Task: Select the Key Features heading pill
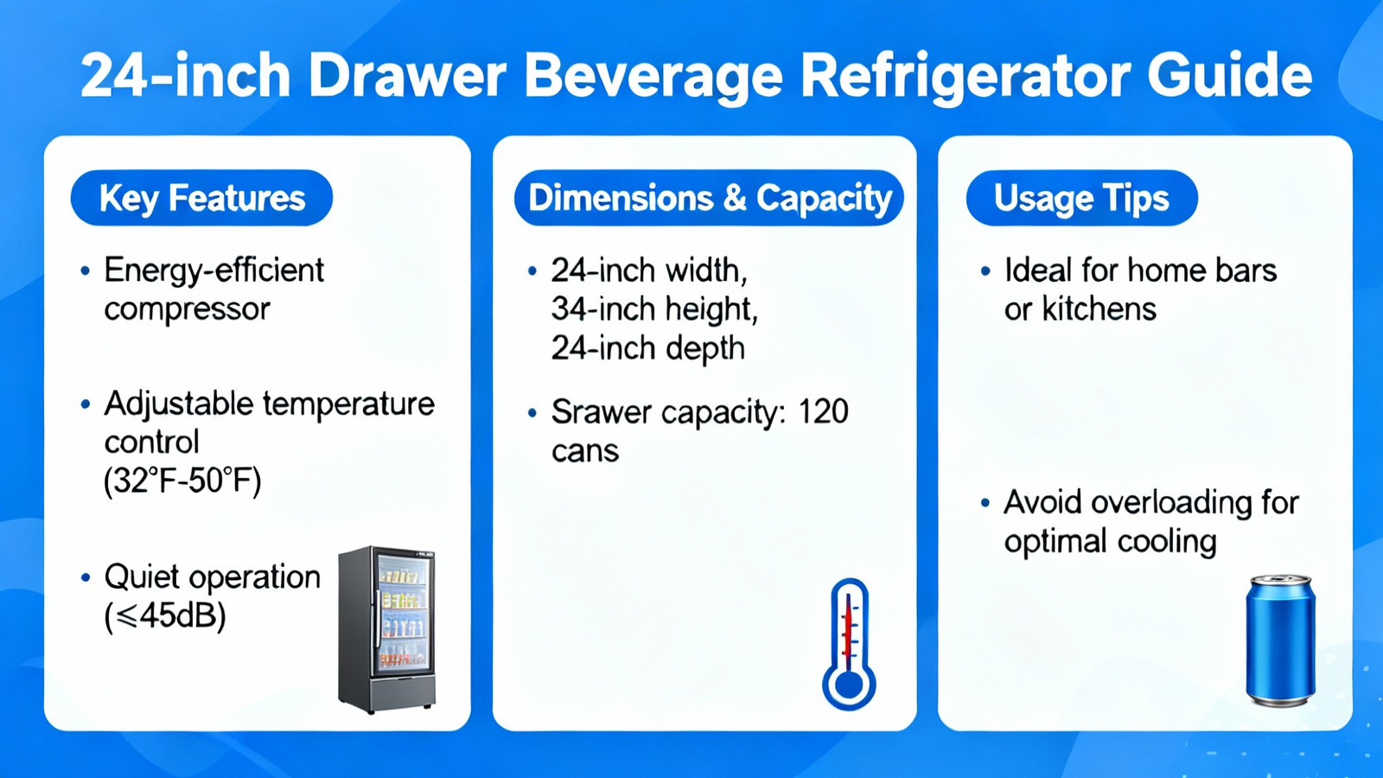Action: click(x=202, y=198)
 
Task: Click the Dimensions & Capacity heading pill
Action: click(x=709, y=198)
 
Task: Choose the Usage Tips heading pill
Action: click(x=1081, y=198)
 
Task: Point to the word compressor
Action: click(x=187, y=309)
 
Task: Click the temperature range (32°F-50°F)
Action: click(x=182, y=481)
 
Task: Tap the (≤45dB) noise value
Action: click(x=165, y=615)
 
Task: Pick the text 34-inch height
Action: click(x=654, y=309)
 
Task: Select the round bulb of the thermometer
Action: click(x=849, y=685)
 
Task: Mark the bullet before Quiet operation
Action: click(x=86, y=578)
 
